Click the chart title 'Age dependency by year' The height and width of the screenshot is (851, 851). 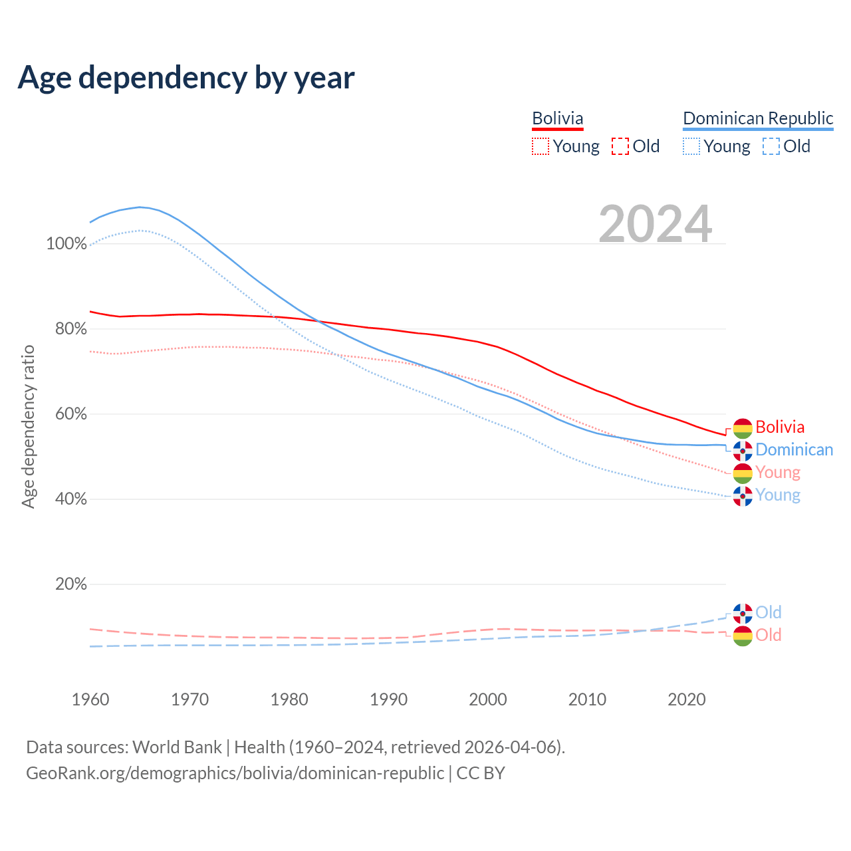186,78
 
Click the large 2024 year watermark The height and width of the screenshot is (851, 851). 655,224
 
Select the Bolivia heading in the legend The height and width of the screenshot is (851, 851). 557,118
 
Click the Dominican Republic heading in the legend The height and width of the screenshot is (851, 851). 758,118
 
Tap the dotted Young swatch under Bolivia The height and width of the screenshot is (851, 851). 541,146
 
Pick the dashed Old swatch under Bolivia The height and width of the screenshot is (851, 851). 620,146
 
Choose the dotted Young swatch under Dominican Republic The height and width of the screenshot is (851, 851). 691,146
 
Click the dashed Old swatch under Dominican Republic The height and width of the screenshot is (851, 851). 771,146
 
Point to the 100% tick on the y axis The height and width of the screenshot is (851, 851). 66,244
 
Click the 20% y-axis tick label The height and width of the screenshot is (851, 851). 70,584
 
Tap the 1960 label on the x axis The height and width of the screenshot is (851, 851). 90,699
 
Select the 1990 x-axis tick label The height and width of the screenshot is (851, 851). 389,699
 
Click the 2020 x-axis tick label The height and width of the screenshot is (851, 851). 687,699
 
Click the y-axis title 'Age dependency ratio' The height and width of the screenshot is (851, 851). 28,426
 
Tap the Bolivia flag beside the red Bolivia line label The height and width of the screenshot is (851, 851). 743,428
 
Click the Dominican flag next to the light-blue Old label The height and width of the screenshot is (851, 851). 743,613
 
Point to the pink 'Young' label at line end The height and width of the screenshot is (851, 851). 778,473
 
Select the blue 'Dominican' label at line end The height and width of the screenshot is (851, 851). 794,450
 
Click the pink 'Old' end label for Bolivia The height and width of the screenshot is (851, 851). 769,635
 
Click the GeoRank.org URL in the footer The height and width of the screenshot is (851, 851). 235,773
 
